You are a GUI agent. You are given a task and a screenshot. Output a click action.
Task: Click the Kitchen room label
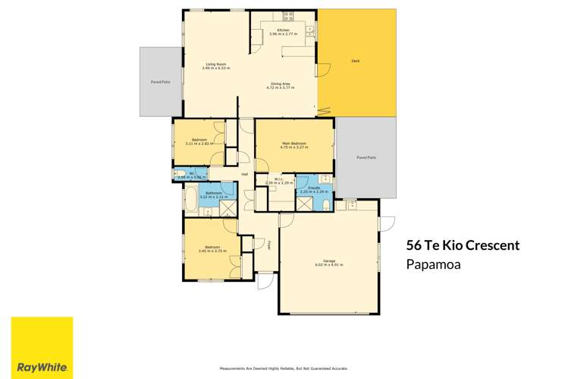(x=283, y=30)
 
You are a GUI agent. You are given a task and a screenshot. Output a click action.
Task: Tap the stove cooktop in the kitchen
(x=288, y=15)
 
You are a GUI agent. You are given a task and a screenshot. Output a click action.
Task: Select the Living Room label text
(x=216, y=64)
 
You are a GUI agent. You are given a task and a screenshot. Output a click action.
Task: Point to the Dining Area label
(x=281, y=84)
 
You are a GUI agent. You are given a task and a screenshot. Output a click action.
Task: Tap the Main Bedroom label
(x=294, y=143)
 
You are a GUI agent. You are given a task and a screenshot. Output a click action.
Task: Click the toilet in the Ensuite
(x=325, y=205)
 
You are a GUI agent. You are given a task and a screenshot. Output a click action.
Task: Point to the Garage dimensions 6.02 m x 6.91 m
(x=329, y=264)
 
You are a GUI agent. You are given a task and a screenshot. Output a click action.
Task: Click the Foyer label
(x=269, y=245)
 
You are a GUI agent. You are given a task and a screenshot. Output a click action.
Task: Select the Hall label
(x=245, y=174)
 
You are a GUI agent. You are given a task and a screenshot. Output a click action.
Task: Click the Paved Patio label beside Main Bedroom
(x=366, y=157)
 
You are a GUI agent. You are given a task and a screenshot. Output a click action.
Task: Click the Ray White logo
(x=42, y=347)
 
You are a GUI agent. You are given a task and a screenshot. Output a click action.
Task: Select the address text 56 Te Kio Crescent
(x=463, y=245)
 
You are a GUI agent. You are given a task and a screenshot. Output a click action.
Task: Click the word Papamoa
(x=434, y=265)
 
